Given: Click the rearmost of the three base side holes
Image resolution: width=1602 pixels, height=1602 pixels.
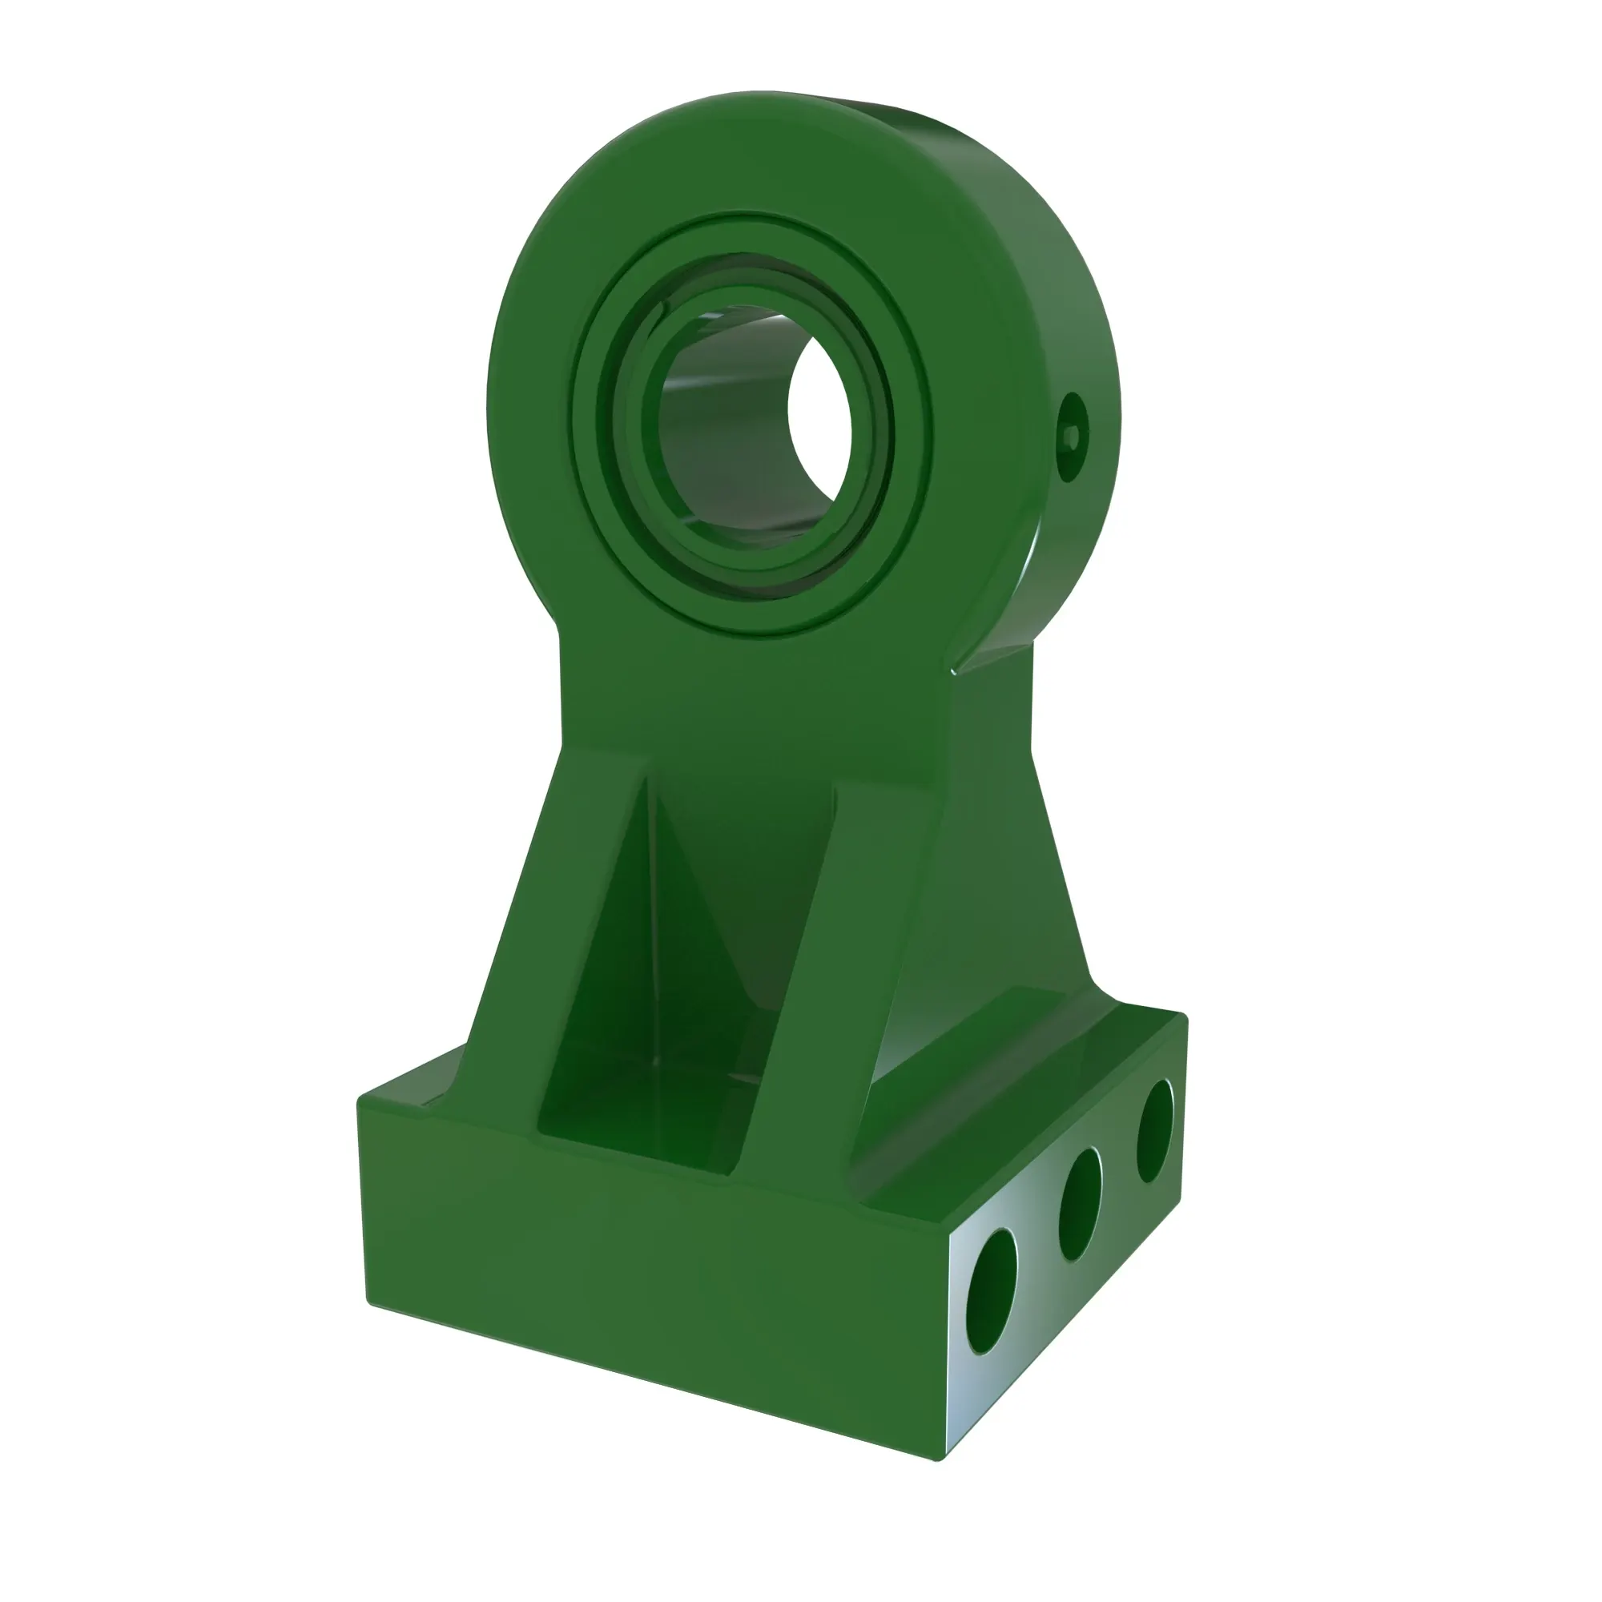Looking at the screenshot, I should tap(1155, 1131).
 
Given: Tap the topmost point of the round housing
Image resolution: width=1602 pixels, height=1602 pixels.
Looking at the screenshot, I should tap(759, 93).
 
